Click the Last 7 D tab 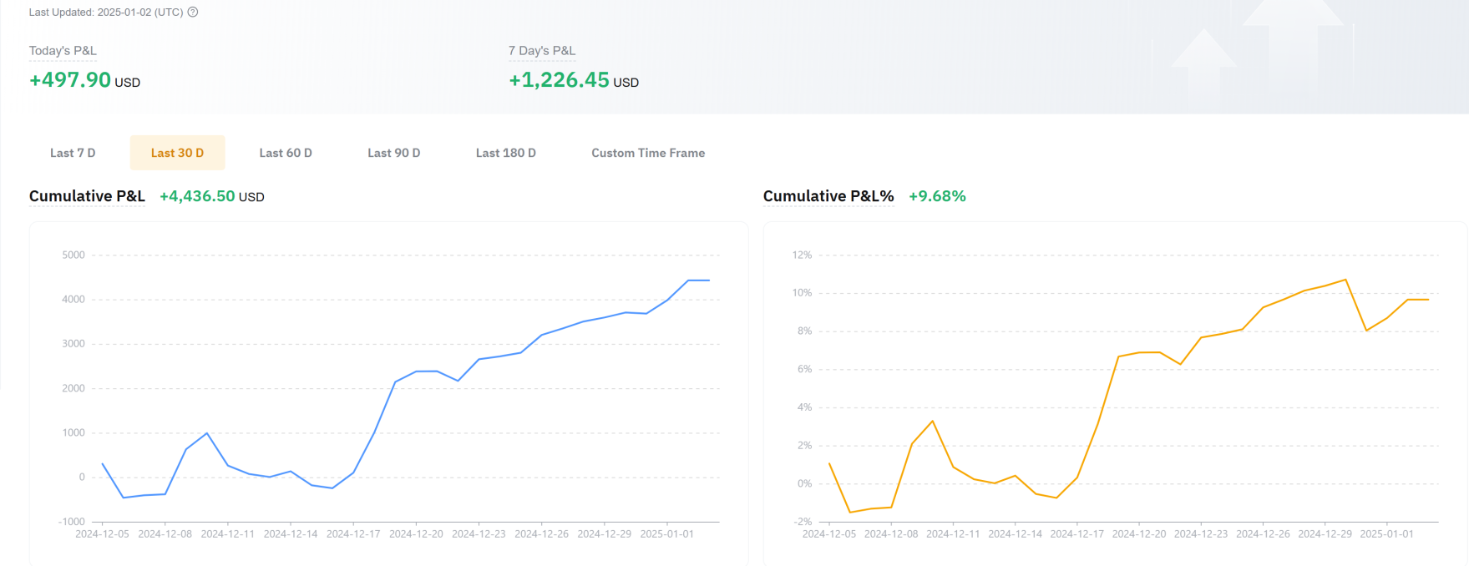coord(73,153)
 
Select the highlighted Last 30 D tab coord(177,153)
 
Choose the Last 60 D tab coord(286,153)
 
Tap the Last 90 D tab coord(393,153)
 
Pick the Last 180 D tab coord(505,153)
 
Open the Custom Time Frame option coord(648,153)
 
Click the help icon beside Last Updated coord(193,12)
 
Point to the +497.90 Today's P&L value coord(70,80)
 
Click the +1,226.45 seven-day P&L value coord(559,80)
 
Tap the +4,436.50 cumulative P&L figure coord(197,196)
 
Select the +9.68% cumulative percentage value coord(937,196)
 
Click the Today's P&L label coord(63,51)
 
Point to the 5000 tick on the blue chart coord(73,255)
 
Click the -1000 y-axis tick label coord(72,522)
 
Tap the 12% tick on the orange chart coord(802,255)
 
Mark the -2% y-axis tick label coord(802,522)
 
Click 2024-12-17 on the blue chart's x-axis coord(353,533)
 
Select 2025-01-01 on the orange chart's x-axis coord(1386,533)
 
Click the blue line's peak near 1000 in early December coord(207,433)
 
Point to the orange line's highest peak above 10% coord(1345,280)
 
